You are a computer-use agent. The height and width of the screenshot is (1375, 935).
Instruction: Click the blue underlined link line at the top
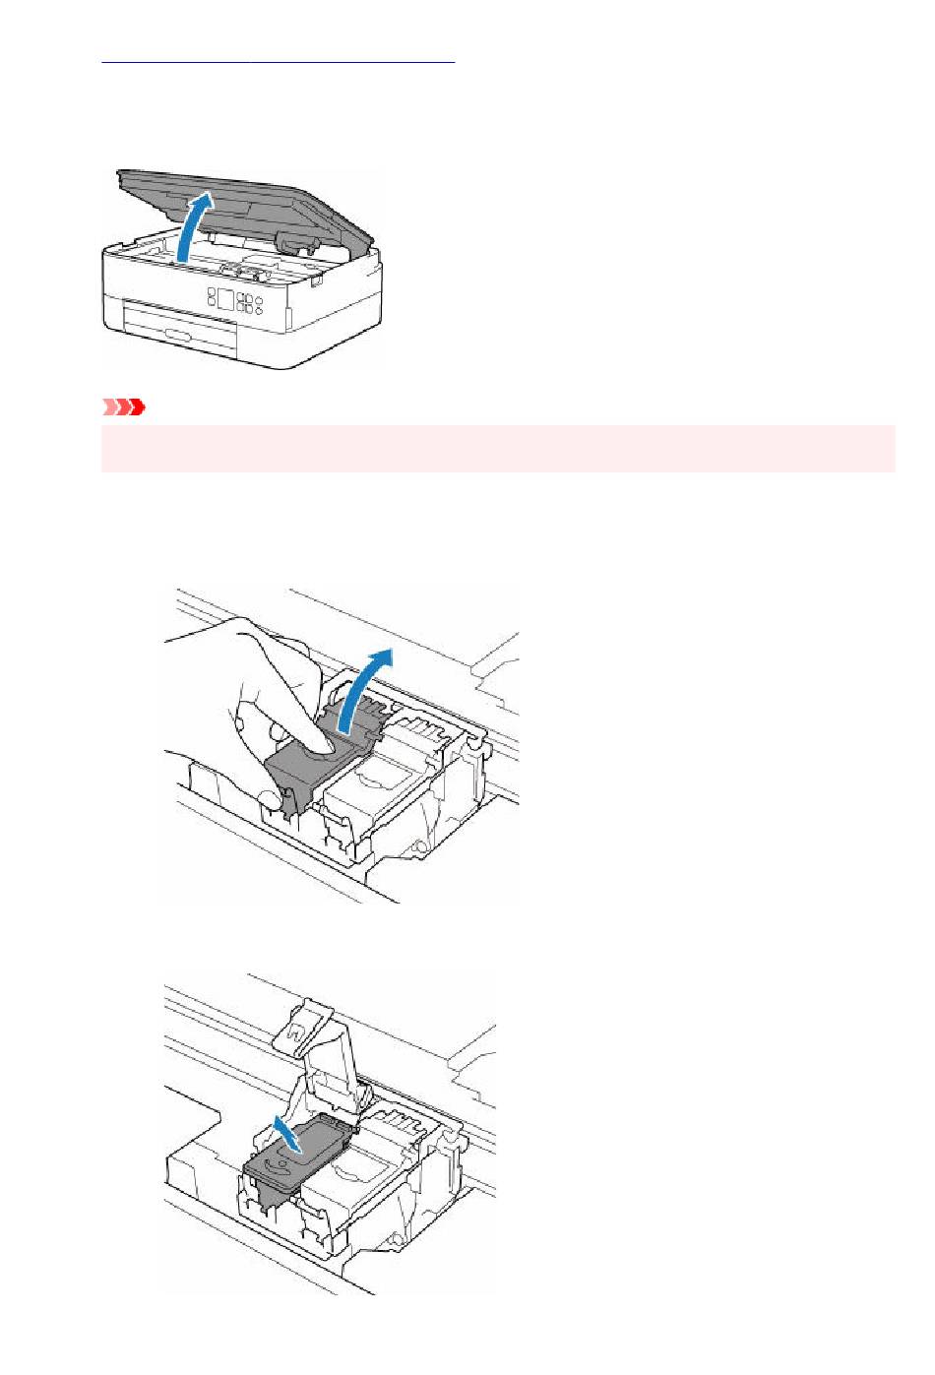tap(279, 61)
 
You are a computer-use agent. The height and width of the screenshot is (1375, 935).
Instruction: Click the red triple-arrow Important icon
tap(124, 406)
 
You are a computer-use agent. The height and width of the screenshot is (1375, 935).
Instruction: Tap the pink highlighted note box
tap(498, 449)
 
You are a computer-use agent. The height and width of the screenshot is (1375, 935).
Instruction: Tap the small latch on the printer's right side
tap(318, 281)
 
